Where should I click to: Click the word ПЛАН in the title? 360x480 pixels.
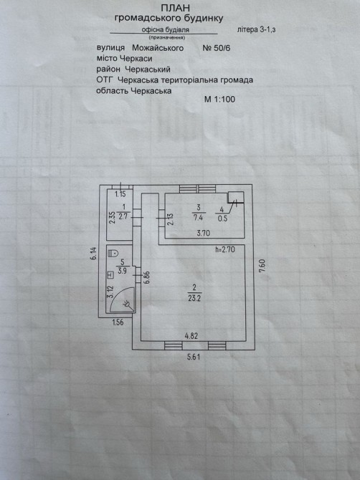point(175,7)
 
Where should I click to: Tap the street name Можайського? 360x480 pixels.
point(158,48)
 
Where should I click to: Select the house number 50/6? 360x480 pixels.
point(221,48)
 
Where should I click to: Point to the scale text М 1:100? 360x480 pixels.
point(219,99)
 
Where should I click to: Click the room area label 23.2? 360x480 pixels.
point(194,298)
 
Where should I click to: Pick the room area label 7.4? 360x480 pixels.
point(199,218)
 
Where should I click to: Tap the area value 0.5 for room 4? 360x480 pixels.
point(222,219)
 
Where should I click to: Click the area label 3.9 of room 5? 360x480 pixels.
point(122,271)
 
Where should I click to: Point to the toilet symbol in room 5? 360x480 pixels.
point(114,253)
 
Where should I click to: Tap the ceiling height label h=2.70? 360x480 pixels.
point(225,249)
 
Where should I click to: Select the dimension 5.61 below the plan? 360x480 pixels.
point(194,357)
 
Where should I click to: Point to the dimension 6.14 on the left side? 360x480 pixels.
point(94,254)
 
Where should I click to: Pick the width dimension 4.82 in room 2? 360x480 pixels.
point(191,336)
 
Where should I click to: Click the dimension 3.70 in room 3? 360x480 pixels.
point(203,233)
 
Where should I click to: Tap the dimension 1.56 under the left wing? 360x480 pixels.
point(118,322)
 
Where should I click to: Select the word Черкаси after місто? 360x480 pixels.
point(136,59)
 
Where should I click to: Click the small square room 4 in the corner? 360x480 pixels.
point(236,197)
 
